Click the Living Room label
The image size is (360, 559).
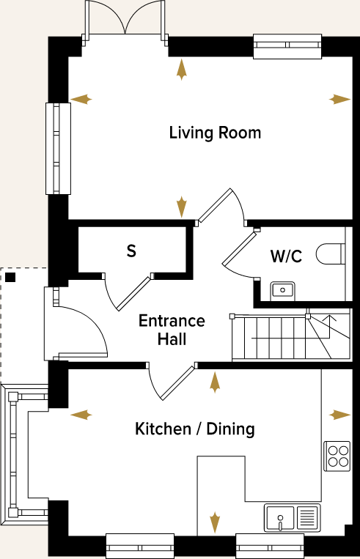pyautogui.click(x=215, y=133)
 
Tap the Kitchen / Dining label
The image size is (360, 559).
pyautogui.click(x=195, y=429)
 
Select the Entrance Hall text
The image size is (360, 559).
pyautogui.click(x=172, y=330)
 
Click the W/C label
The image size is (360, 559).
pyautogui.click(x=286, y=256)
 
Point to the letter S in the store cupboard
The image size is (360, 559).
pyautogui.click(x=131, y=251)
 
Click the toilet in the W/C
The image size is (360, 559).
pyautogui.click(x=331, y=254)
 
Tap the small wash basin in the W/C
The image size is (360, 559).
pyautogui.click(x=282, y=290)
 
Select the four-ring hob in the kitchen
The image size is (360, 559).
pyautogui.click(x=337, y=455)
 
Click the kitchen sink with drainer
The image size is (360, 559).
pyautogui.click(x=293, y=518)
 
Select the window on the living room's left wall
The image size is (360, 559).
pyautogui.click(x=58, y=148)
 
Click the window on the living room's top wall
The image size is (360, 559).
pyautogui.click(x=287, y=46)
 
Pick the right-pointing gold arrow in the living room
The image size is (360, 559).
pyautogui.click(x=340, y=99)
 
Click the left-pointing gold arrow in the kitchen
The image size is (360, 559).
pyautogui.click(x=81, y=415)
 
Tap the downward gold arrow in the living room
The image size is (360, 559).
pyautogui.click(x=181, y=207)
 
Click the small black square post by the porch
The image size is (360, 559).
pyautogui.click(x=10, y=277)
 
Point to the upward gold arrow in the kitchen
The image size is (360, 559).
pyautogui.click(x=215, y=380)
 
